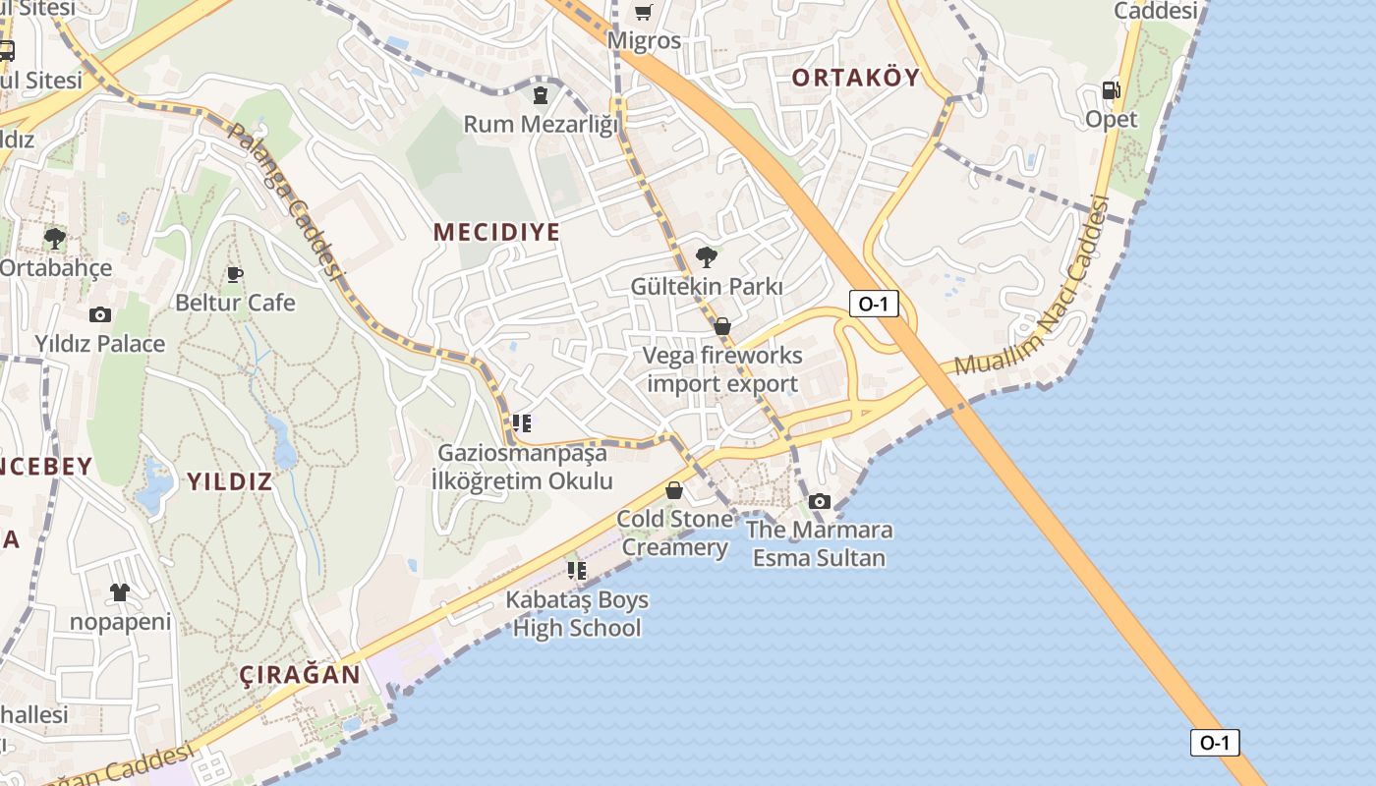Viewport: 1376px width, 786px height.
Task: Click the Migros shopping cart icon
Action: (643, 12)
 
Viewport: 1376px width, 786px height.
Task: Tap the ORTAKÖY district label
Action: (855, 77)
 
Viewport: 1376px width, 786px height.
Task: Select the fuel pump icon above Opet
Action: (1111, 90)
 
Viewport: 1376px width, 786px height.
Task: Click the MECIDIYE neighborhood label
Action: (496, 232)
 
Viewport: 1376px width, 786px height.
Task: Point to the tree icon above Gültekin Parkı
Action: (706, 257)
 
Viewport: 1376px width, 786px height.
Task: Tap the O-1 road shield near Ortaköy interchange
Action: (873, 304)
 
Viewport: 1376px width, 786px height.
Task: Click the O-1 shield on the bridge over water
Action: (1215, 743)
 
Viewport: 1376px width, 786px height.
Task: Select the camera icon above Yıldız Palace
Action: (99, 314)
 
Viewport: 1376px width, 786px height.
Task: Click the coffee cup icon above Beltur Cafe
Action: (234, 273)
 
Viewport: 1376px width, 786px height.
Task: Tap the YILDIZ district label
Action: (229, 481)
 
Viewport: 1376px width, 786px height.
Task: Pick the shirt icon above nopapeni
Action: (120, 591)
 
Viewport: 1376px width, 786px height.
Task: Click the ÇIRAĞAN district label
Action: (300, 675)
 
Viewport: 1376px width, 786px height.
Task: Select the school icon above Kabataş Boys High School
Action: (577, 570)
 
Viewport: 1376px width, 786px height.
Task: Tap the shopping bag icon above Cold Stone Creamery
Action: (674, 489)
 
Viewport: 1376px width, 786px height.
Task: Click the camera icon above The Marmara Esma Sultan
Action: (819, 501)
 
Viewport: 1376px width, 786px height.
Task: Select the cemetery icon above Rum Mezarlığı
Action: (541, 94)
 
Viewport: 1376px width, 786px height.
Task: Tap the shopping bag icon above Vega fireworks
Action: (722, 326)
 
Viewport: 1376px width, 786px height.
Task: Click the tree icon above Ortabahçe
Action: (55, 238)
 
